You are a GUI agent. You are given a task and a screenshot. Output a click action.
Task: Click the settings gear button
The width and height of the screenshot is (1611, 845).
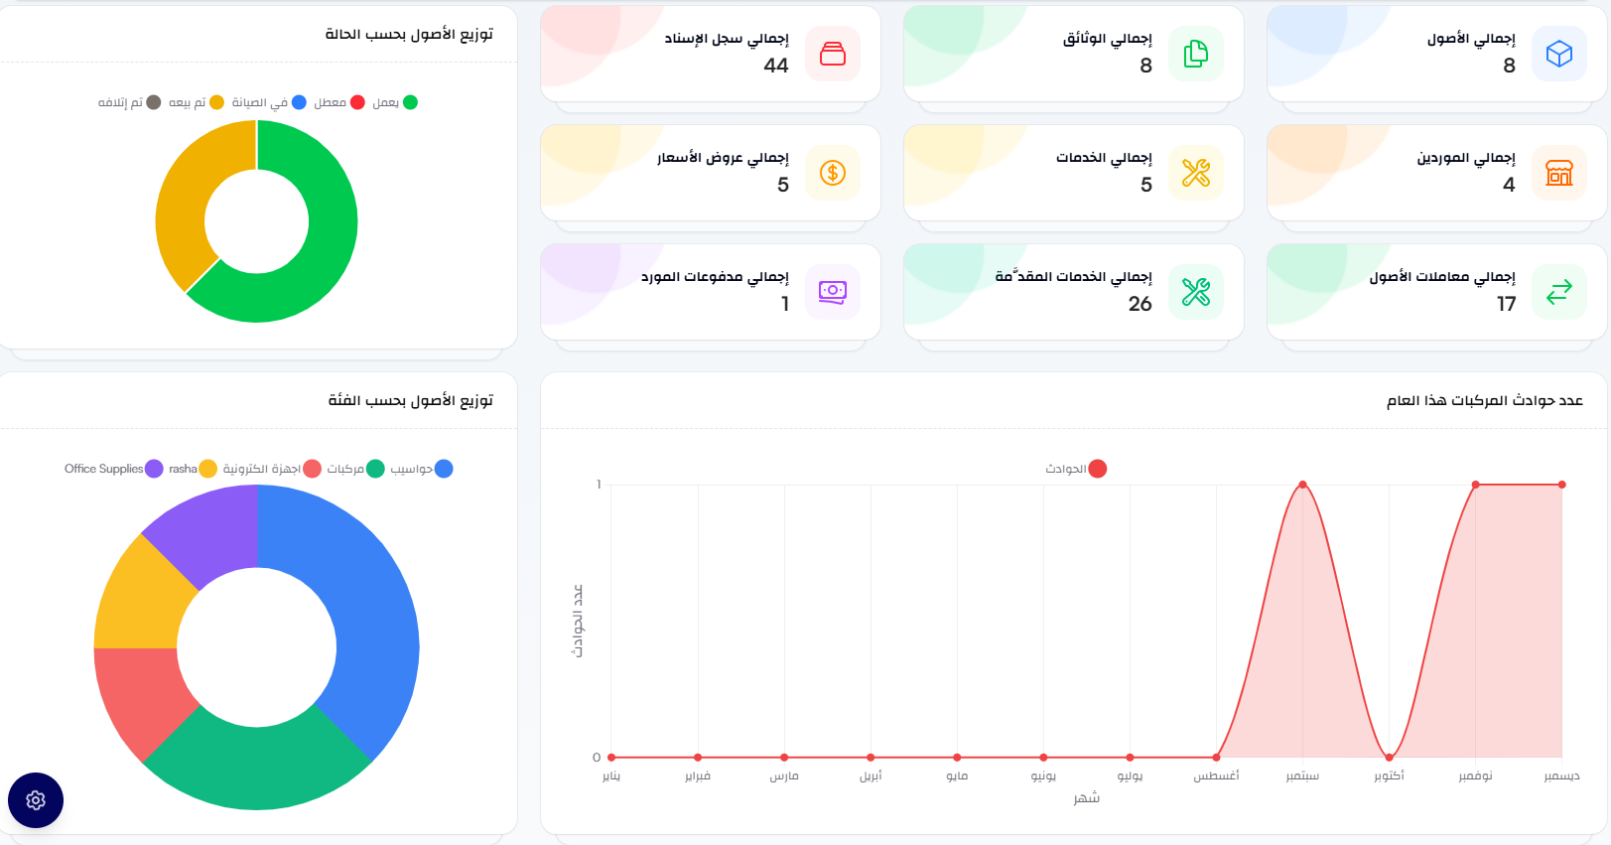(36, 800)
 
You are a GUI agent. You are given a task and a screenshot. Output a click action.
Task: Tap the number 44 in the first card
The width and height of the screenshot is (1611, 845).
(775, 66)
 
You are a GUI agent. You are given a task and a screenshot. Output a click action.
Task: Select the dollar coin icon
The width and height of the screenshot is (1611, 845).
(833, 173)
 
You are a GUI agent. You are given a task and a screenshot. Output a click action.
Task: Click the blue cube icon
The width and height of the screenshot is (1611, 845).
(1558, 54)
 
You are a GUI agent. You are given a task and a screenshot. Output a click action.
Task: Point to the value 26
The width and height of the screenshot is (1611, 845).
(1140, 304)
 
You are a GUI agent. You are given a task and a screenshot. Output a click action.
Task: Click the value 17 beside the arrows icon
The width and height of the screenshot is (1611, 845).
(1506, 304)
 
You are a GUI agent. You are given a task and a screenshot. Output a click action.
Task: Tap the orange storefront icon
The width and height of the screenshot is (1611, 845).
(1558, 173)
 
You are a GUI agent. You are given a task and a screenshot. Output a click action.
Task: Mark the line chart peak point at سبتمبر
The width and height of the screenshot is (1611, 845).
(1302, 485)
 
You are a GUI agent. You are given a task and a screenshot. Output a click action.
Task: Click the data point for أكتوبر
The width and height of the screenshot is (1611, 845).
(1389, 758)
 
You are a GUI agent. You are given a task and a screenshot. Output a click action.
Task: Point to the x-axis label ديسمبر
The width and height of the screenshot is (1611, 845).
(1561, 775)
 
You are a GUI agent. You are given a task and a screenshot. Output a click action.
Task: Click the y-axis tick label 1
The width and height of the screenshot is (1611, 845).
(599, 485)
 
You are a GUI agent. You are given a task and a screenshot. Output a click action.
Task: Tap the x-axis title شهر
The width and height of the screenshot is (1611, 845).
(1086, 798)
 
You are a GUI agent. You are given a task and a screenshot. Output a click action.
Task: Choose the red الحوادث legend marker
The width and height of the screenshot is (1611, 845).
(1097, 469)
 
